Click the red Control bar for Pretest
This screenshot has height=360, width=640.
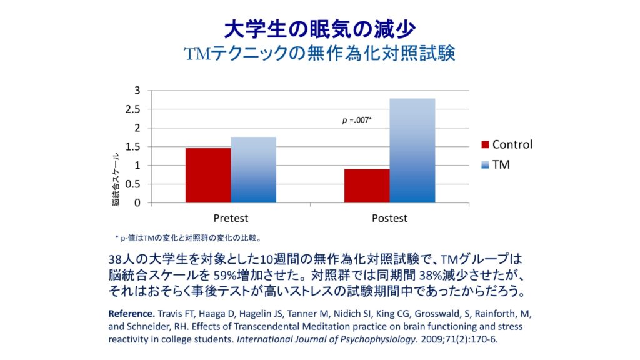coord(207,176)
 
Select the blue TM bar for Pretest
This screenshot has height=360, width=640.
coord(253,170)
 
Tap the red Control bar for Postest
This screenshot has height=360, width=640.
coord(367,186)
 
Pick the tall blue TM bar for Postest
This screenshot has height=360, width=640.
coord(412,151)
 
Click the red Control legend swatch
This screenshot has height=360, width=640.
coord(484,145)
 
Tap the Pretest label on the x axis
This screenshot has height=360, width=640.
coord(231,218)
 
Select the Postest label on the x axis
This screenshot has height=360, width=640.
coord(389,218)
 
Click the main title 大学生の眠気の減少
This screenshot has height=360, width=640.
coord(319,29)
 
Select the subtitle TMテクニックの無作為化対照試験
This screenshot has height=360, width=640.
coord(319,54)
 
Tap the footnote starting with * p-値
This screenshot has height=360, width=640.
coord(187,237)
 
